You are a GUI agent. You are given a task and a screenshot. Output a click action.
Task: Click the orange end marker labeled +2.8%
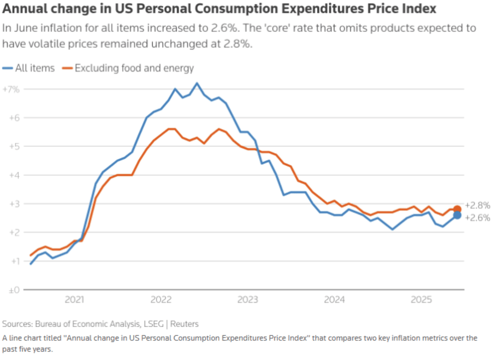457,209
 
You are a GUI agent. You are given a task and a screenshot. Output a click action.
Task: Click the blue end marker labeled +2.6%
457,215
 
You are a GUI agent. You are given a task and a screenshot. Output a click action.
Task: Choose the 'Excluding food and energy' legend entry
129,68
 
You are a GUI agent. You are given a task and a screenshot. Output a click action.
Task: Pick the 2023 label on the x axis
248,300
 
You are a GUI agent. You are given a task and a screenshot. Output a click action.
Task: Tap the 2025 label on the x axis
421,300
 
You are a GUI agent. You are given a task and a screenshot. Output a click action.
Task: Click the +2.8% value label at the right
477,205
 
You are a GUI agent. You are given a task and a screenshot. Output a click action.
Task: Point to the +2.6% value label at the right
477,217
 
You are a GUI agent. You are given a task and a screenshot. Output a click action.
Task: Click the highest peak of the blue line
197,83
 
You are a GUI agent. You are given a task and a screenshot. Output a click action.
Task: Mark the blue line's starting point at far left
31,264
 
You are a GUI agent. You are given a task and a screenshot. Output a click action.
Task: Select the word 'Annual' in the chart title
23,9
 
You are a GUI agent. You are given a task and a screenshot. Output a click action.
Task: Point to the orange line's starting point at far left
31,255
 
